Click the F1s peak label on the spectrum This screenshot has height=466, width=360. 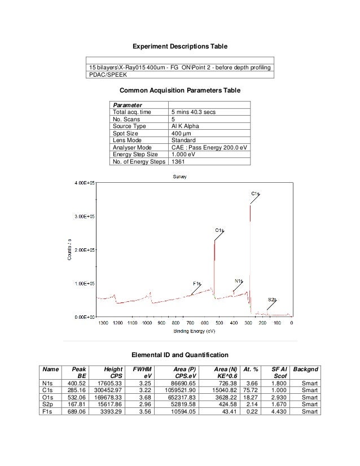click(x=197, y=283)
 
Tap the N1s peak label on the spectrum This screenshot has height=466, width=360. click(x=238, y=280)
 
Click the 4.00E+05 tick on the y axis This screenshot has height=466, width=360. click(x=82, y=182)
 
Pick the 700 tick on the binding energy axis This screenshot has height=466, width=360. click(x=190, y=323)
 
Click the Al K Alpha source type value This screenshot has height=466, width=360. click(x=185, y=126)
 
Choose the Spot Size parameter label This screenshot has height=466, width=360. click(x=126, y=133)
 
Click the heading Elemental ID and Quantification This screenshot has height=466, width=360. click(x=179, y=355)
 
